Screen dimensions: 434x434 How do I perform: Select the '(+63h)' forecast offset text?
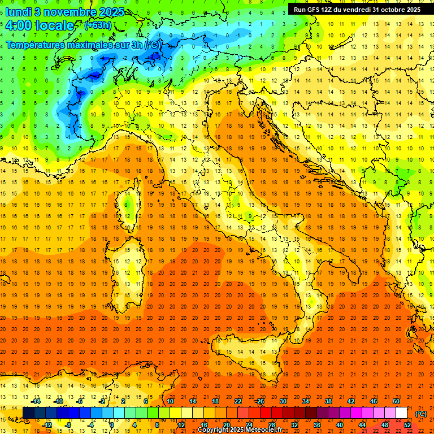coord(98,25)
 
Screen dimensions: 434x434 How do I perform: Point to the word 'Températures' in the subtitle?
coord(34,45)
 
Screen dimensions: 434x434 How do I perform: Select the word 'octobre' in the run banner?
coord(390,10)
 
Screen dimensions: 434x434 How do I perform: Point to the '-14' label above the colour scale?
coord(36,401)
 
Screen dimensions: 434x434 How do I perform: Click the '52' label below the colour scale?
coord(407,424)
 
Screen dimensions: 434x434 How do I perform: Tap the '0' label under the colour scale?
coord(112,424)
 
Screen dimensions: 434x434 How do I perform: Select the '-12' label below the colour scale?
coord(47,424)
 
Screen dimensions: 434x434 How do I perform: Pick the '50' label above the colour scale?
coord(396,401)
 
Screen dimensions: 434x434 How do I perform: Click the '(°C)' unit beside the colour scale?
coord(421,414)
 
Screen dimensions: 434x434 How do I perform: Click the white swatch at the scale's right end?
coord(401,413)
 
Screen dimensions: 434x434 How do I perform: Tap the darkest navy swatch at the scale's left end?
coord(28,413)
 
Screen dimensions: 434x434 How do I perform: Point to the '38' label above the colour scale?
coord(328,401)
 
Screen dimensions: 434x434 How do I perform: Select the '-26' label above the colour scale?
coord(259,401)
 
